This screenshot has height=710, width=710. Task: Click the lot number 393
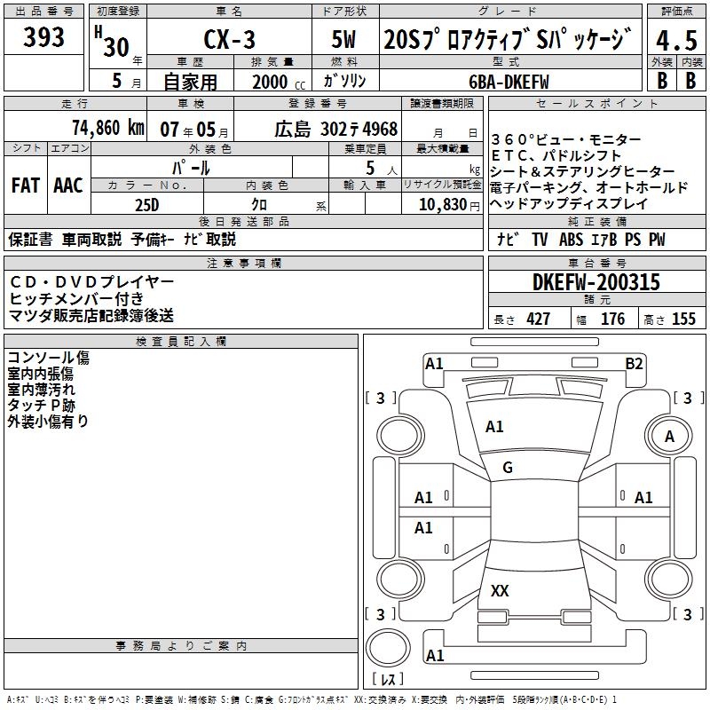click(x=43, y=36)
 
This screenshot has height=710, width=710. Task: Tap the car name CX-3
click(x=229, y=39)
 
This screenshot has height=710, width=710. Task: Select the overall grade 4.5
click(x=676, y=40)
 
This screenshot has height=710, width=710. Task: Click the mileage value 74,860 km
click(x=108, y=128)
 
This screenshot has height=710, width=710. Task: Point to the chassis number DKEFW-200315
click(x=596, y=282)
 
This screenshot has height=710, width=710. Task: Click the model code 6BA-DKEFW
click(x=509, y=82)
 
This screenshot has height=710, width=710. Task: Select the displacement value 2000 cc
click(x=279, y=82)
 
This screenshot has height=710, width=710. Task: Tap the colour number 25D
click(x=147, y=205)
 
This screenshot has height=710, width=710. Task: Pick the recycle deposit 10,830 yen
click(x=449, y=205)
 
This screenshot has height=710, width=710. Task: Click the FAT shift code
click(x=26, y=185)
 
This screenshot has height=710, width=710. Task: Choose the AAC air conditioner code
click(x=68, y=185)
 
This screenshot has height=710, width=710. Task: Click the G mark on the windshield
click(x=508, y=468)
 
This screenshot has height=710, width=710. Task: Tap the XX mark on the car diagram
click(x=500, y=590)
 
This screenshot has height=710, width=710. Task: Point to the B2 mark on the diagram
click(x=634, y=364)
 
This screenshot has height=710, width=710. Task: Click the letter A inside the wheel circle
click(x=669, y=437)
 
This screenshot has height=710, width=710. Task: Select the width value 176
click(x=612, y=319)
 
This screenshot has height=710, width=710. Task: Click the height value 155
click(x=683, y=319)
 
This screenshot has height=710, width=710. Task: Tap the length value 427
click(x=539, y=319)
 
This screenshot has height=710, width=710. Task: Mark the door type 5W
click(x=343, y=39)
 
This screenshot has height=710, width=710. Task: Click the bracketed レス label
click(x=388, y=678)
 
